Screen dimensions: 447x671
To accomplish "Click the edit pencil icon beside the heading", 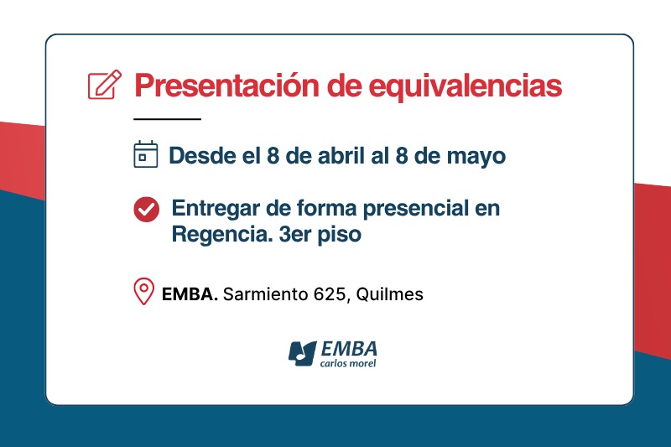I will [x=104, y=85].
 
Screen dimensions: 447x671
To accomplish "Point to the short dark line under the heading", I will [x=168, y=119].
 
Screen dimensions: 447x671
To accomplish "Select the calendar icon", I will [x=146, y=155].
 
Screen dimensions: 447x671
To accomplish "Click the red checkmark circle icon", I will [x=146, y=209].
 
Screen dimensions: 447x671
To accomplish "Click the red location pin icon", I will [x=144, y=292].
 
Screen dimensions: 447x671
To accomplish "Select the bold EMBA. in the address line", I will [x=190, y=294].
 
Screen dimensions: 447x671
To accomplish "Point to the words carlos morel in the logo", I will [x=348, y=363].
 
